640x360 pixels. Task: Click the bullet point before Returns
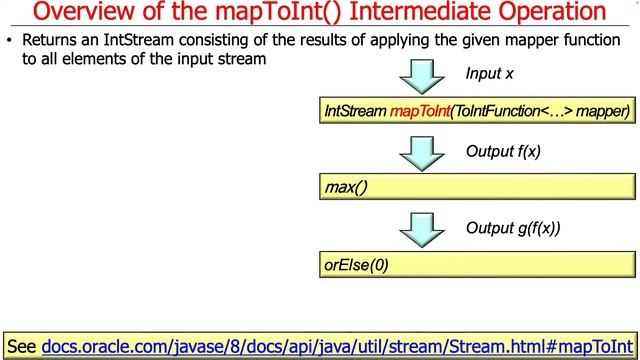[x=9, y=42]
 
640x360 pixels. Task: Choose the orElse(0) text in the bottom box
[x=356, y=265]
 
